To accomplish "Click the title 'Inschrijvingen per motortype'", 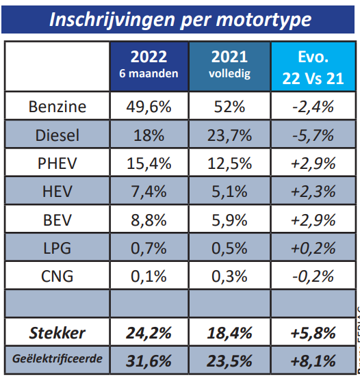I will [x=179, y=18].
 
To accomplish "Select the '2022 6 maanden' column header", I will [x=149, y=66].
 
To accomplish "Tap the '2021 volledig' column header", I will [x=230, y=66].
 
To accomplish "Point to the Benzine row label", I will [x=57, y=107].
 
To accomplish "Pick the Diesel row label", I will [x=57, y=135].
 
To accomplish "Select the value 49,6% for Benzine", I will [x=149, y=107].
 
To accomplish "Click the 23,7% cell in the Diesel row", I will [x=230, y=135].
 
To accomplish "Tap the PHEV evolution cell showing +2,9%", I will [x=312, y=163].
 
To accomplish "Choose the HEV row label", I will [x=57, y=192].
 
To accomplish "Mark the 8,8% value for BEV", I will [x=149, y=220].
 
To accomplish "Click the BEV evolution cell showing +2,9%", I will [x=312, y=220].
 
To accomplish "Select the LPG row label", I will [x=57, y=248].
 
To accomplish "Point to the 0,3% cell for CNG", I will [x=230, y=277].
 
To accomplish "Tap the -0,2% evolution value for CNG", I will [x=312, y=277].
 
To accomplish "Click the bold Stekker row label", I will [x=57, y=333].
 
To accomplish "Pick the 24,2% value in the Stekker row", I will [x=149, y=333].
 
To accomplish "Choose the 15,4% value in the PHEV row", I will [x=149, y=163].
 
